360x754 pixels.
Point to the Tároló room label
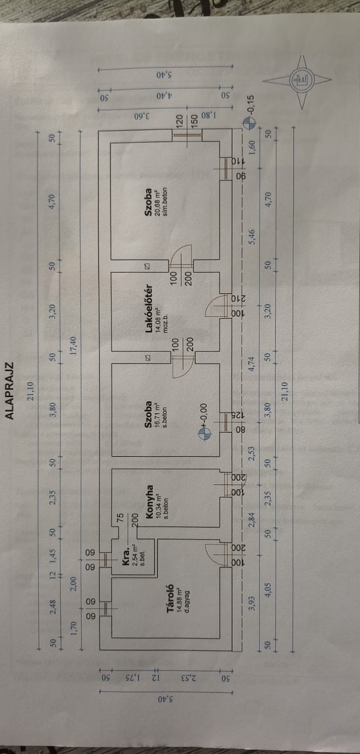coord(171,599)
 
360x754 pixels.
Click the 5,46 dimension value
coord(251,235)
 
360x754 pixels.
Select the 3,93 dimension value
coord(251,603)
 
